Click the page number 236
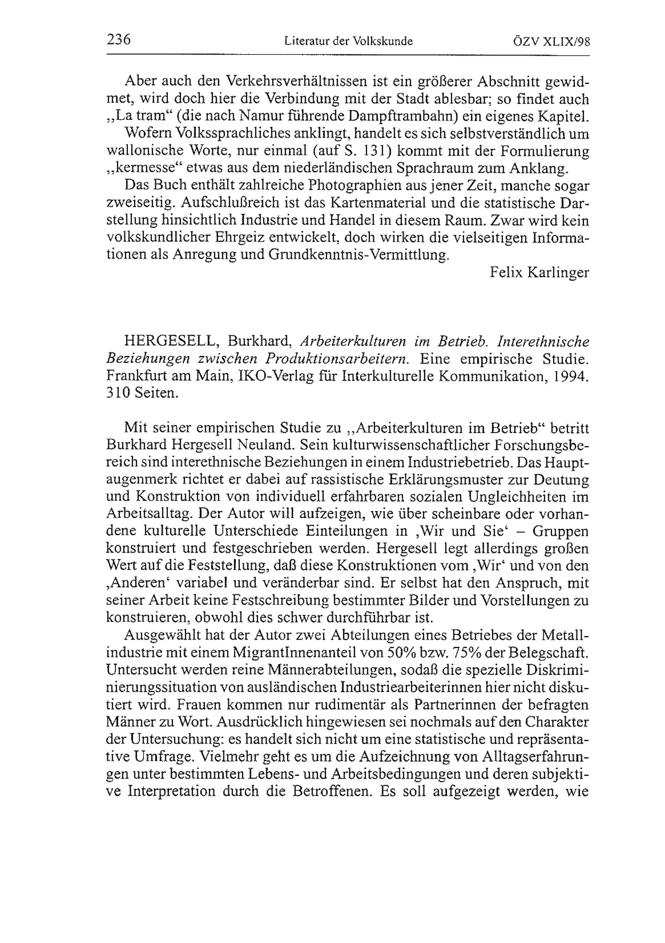pyautogui.click(x=118, y=40)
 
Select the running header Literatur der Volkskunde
pyautogui.click(x=348, y=41)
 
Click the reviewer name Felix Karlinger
pyautogui.click(x=539, y=272)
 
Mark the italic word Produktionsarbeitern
pyautogui.click(x=337, y=359)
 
